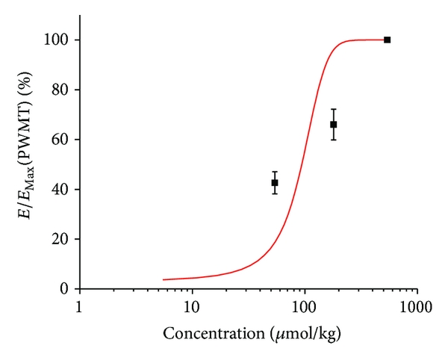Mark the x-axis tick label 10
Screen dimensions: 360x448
[x=192, y=306]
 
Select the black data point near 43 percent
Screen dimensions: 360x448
[x=275, y=182]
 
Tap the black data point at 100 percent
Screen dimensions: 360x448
[x=387, y=40]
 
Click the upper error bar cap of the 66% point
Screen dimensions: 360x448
[x=334, y=109]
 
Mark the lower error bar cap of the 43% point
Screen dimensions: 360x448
[x=275, y=193]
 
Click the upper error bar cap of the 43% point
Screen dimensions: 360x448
[x=275, y=172]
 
